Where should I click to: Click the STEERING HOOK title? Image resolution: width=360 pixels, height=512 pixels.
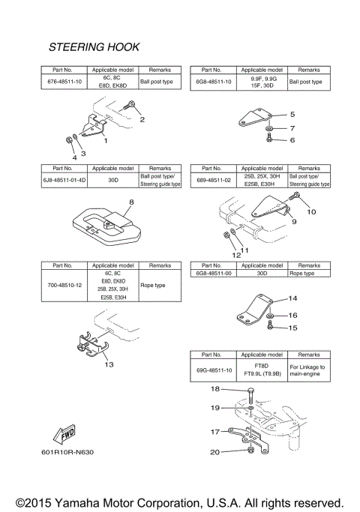coord(94,47)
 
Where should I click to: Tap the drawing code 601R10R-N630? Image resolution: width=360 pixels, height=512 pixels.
coord(68,452)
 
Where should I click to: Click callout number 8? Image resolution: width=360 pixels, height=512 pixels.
coord(130,202)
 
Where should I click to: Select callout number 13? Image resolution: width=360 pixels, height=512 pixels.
coord(109,364)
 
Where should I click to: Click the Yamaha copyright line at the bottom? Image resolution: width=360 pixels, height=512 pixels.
coord(180,501)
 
